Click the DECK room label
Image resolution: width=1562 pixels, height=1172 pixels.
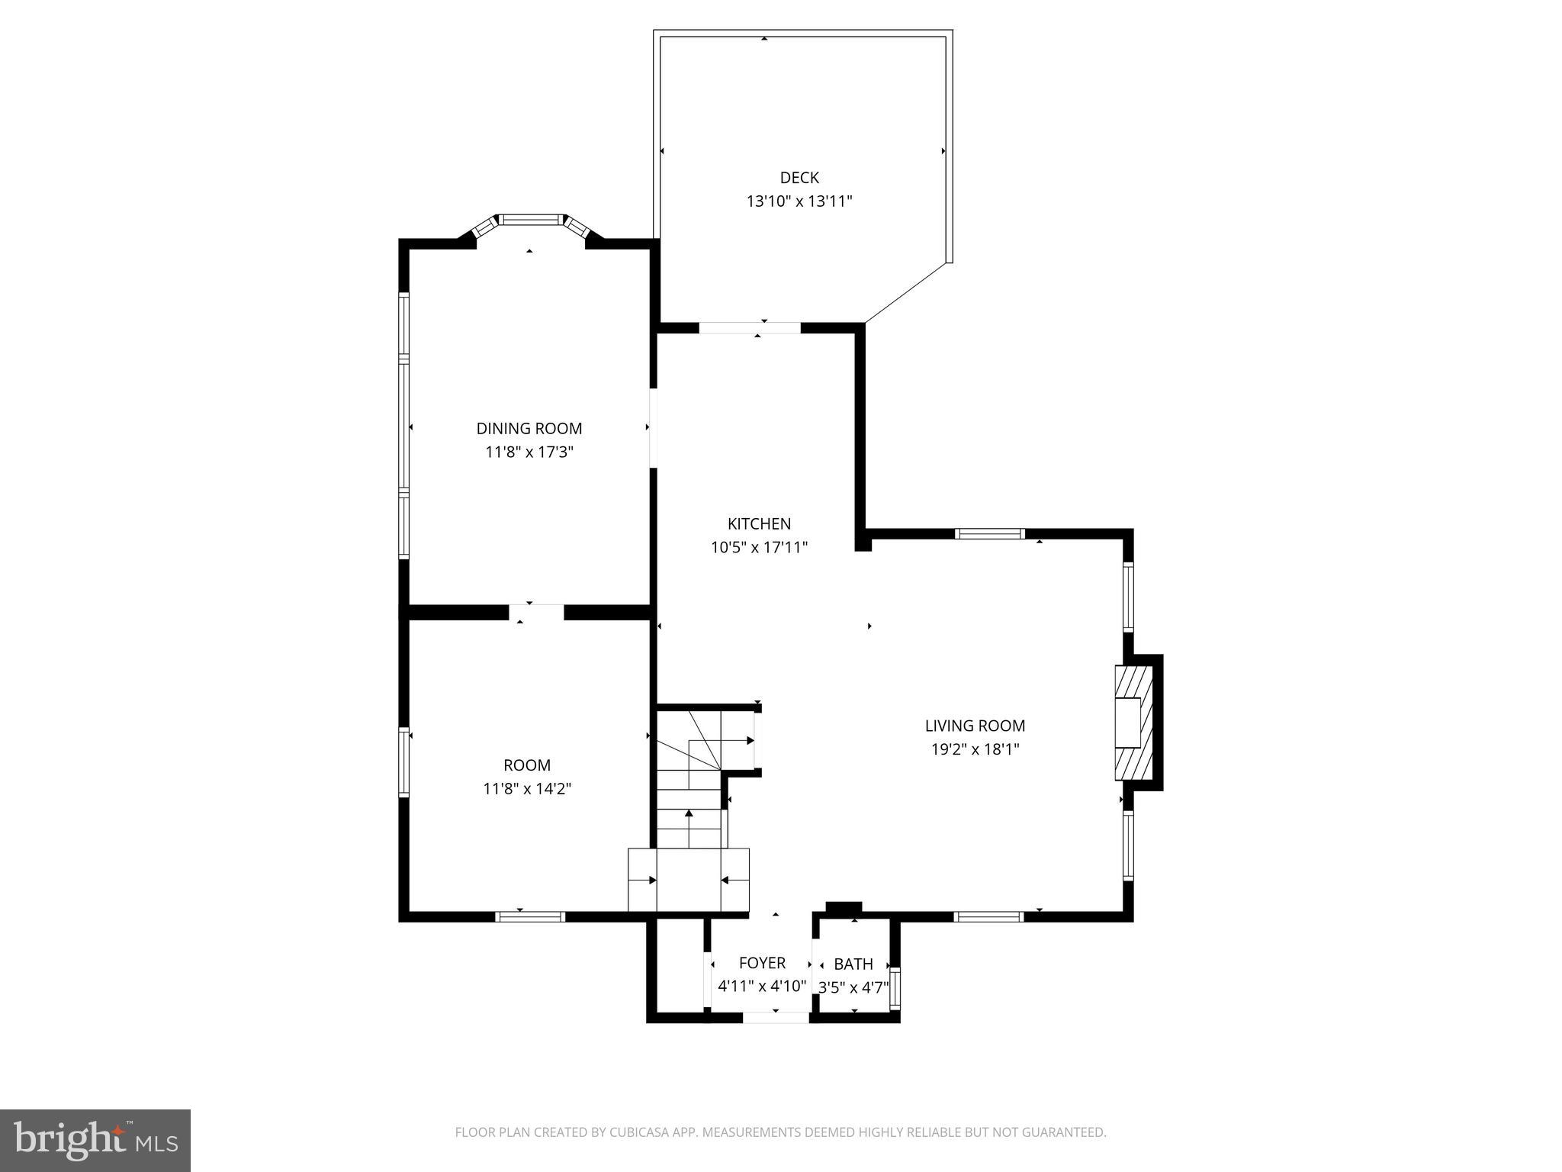(x=799, y=178)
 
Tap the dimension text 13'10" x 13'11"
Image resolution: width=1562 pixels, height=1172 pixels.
(x=799, y=201)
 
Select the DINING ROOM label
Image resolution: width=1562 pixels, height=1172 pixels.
(x=529, y=429)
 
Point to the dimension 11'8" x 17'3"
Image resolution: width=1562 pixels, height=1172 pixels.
(x=529, y=452)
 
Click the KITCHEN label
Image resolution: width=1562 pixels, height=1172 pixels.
(x=759, y=524)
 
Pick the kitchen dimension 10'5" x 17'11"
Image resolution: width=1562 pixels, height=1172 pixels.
(x=759, y=547)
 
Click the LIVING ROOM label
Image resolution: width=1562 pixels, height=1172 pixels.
(x=975, y=726)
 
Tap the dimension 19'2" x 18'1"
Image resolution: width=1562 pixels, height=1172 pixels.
(x=975, y=749)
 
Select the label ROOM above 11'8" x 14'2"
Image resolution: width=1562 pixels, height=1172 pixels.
(x=527, y=765)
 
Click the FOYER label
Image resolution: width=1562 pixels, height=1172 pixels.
(x=761, y=964)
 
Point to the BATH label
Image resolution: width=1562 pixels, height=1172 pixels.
(x=853, y=964)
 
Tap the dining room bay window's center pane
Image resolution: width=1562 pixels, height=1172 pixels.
(x=531, y=220)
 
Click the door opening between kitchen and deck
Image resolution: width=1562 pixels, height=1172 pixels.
(x=750, y=328)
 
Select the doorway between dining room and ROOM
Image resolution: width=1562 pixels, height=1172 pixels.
(x=536, y=612)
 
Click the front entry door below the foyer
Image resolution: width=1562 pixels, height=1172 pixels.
(x=776, y=1017)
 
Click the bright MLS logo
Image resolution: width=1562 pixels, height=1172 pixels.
(x=95, y=1140)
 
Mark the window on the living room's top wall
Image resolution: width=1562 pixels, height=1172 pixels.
(x=989, y=534)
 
